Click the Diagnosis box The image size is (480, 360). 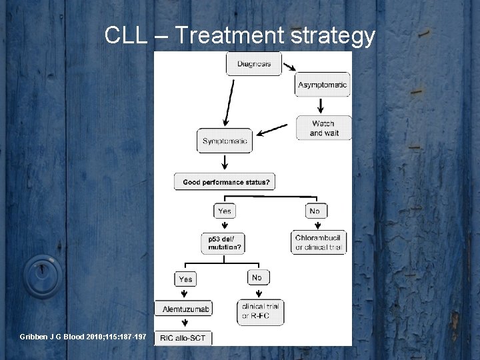click(253, 64)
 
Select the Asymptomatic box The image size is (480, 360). click(322, 85)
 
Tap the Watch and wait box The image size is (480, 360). click(323, 128)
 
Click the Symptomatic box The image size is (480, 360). click(225, 141)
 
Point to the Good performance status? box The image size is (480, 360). click(226, 181)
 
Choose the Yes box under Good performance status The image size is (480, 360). click(225, 211)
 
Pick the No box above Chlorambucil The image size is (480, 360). click(315, 211)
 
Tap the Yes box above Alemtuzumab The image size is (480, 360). click(185, 279)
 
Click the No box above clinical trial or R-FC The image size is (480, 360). click(257, 277)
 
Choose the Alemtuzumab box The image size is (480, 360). click(186, 309)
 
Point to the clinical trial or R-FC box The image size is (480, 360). click(260, 311)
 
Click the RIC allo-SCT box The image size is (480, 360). click(183, 339)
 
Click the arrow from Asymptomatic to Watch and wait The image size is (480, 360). click(321, 105)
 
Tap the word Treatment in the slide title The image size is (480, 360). click(235, 37)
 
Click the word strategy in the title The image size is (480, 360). click(335, 37)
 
